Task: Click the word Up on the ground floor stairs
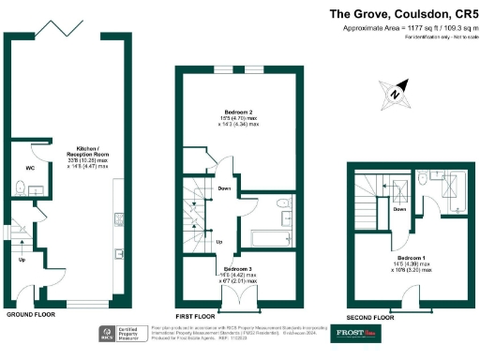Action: [x=22, y=260]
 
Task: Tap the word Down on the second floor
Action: [x=399, y=210]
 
